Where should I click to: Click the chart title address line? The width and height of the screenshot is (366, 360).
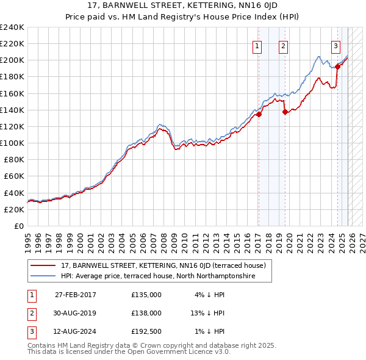click(182, 6)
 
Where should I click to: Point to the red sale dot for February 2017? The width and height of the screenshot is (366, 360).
click(259, 114)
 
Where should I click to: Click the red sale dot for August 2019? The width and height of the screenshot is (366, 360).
click(285, 112)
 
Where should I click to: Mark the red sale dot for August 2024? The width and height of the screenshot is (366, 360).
click(337, 67)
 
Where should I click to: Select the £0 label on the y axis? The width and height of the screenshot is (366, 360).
click(19, 226)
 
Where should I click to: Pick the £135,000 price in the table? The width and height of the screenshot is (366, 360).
click(146, 294)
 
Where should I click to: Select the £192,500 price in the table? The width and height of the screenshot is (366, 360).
click(146, 331)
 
